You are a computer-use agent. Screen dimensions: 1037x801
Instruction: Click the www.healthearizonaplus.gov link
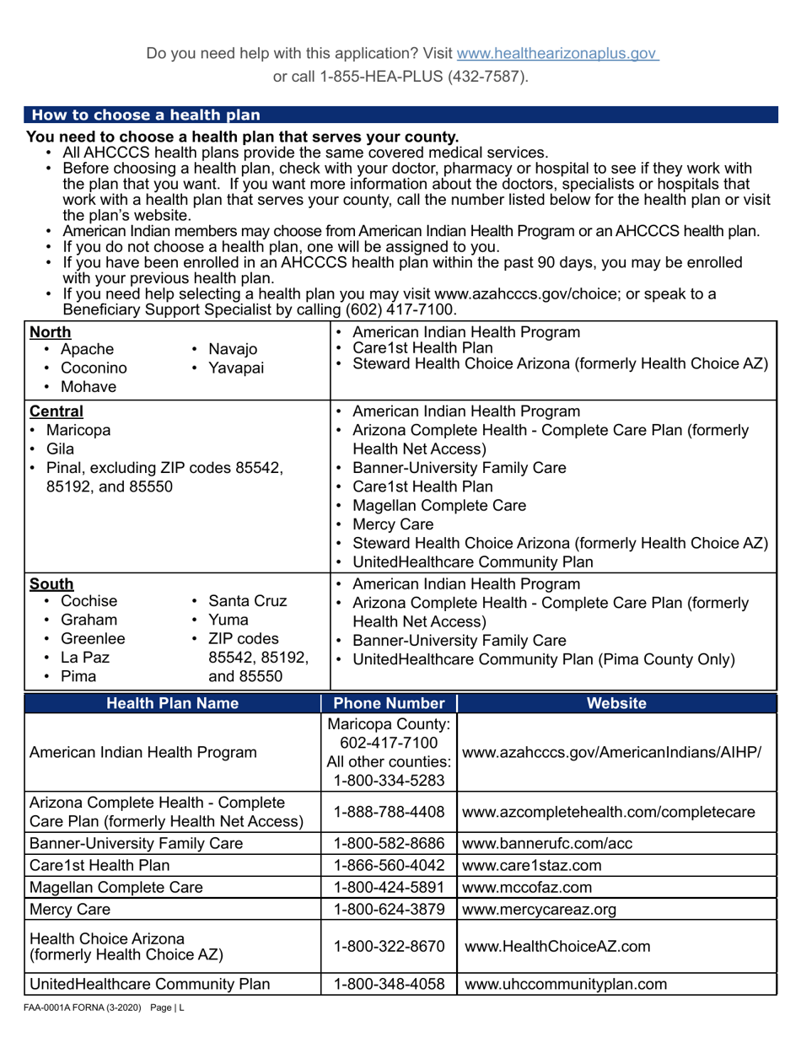tap(556, 54)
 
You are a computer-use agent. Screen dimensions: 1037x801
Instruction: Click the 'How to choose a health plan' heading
tap(146, 116)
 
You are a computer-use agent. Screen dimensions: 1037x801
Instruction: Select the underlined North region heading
tap(51, 332)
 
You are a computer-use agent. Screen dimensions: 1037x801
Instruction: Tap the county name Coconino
tap(94, 368)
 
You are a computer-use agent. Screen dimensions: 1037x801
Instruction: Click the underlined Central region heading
tap(56, 412)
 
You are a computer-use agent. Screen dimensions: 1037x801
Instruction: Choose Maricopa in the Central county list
tap(78, 431)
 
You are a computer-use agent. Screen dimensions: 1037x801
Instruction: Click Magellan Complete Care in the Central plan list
tap(439, 506)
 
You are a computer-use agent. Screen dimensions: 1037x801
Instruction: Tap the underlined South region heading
tap(51, 584)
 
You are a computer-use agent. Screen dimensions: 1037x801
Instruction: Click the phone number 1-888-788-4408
tap(389, 813)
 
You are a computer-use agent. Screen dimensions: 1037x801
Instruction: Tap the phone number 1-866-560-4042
tap(389, 866)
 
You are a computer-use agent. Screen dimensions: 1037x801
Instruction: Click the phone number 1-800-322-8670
tap(389, 947)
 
